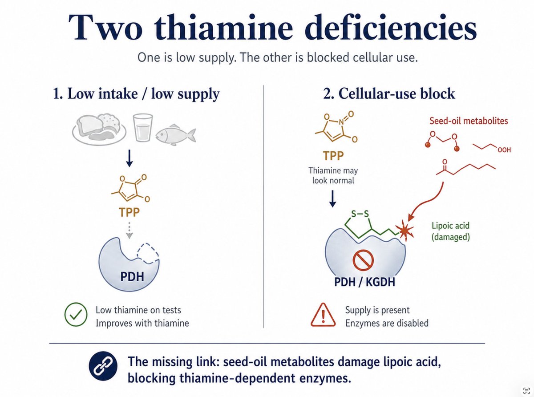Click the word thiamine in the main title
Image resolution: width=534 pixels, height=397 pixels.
click(223, 27)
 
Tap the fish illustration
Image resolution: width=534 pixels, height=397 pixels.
click(175, 135)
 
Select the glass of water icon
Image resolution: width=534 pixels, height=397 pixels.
click(143, 128)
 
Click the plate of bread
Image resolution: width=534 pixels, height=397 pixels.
click(99, 130)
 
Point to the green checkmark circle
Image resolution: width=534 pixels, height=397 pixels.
click(76, 314)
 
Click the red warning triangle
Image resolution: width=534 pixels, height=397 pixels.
click(323, 315)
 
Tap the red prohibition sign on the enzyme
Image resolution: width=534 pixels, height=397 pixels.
click(363, 260)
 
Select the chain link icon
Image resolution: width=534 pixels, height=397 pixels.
click(103, 366)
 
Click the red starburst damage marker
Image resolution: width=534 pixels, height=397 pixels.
click(405, 230)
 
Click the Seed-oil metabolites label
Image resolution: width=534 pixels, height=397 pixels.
click(469, 121)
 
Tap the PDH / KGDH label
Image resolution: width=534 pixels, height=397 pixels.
click(365, 282)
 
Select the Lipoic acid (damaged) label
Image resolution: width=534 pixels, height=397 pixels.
click(450, 231)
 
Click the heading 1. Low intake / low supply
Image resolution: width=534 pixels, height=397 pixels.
click(136, 93)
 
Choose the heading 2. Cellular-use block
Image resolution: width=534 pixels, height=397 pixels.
click(389, 93)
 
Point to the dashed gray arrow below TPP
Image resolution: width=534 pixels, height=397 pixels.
click(129, 230)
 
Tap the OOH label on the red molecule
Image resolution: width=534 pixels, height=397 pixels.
click(504, 150)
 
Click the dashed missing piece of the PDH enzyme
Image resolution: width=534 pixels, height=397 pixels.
click(148, 253)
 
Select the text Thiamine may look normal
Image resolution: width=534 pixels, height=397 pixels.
click(333, 175)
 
